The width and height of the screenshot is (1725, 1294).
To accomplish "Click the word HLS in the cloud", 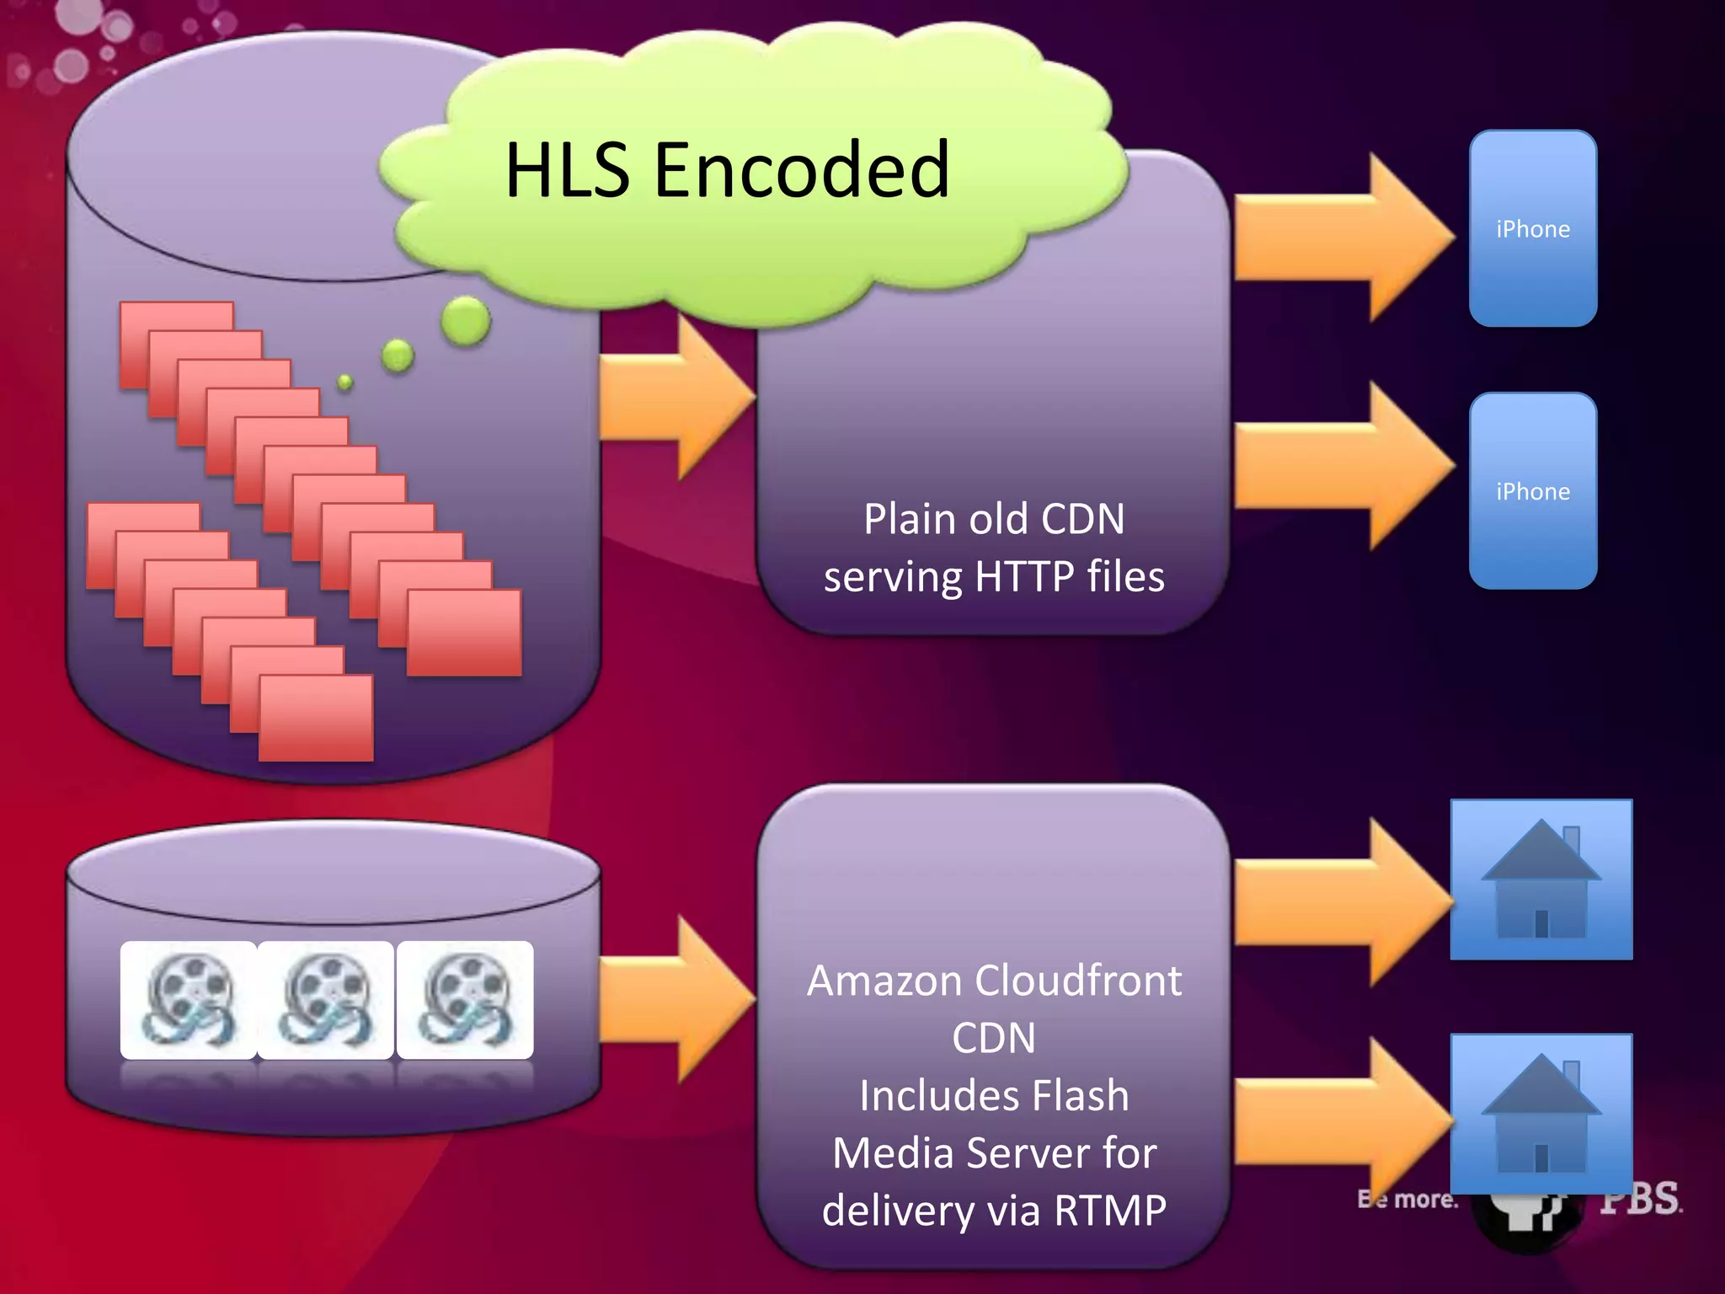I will [566, 170].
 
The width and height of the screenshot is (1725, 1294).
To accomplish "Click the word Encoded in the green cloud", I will [801, 170].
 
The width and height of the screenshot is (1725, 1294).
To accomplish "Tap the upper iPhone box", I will [1532, 228].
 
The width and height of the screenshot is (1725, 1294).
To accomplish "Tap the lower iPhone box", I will [1532, 490].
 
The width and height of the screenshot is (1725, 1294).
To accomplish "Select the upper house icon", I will [1541, 880].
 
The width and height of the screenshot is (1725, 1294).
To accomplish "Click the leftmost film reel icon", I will [188, 1000].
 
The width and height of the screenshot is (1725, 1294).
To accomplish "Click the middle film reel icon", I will [326, 1000].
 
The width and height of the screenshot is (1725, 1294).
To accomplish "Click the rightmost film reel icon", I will [464, 1000].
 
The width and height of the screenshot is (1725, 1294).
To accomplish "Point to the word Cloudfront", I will [1078, 981].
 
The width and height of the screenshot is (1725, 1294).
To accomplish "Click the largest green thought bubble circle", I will [465, 321].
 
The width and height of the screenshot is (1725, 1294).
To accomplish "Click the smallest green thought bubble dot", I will [344, 382].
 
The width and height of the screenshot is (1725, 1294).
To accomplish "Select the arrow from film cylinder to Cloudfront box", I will [674, 1000].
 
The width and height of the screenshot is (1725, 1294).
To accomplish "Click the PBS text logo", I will [1640, 1198].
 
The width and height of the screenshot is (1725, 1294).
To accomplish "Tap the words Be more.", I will [1407, 1199].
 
